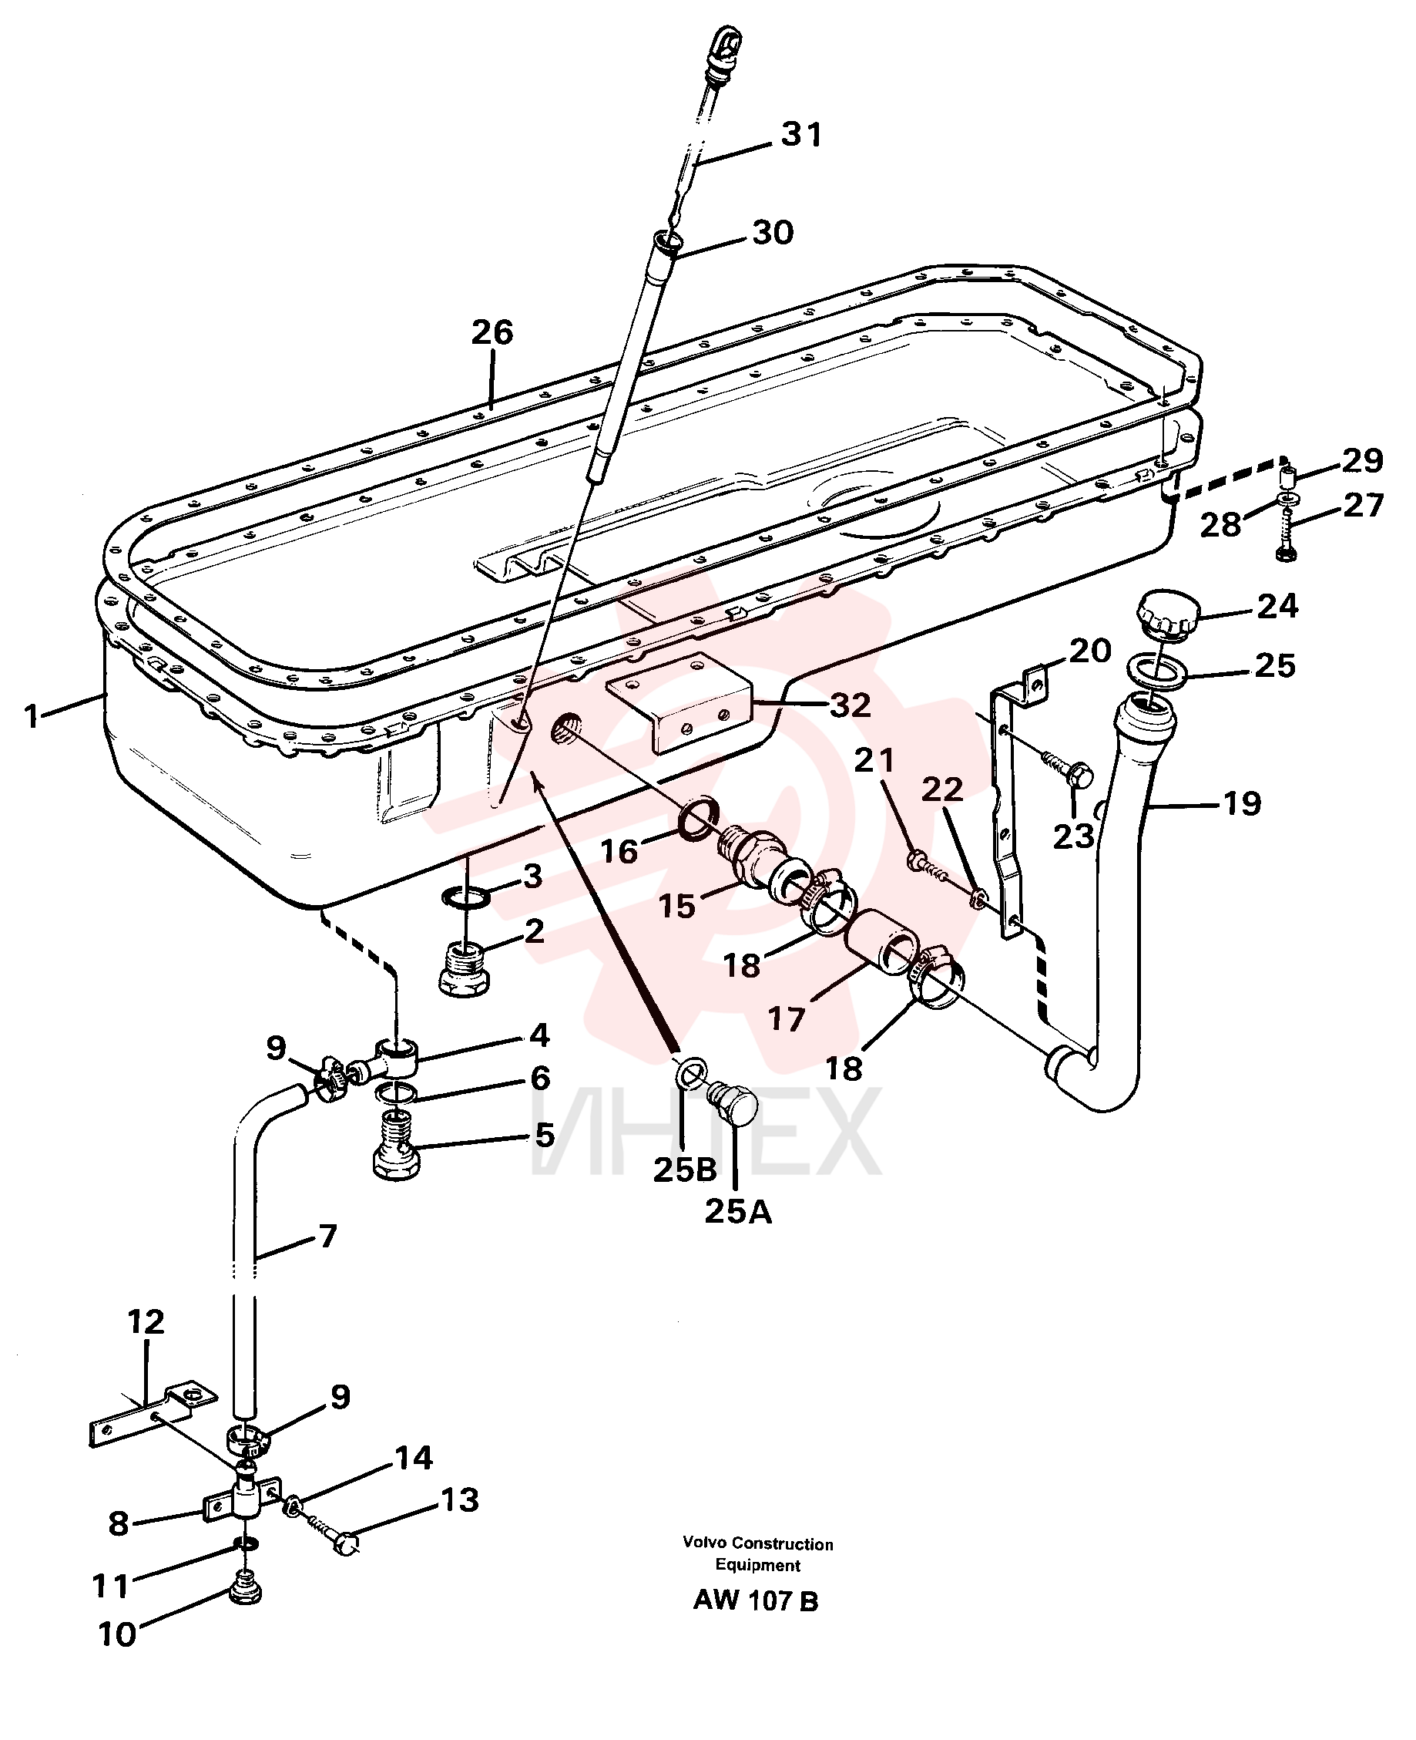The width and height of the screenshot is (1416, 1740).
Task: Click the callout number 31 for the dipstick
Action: [x=801, y=135]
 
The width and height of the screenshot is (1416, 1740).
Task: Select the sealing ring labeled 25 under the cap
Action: [x=1158, y=670]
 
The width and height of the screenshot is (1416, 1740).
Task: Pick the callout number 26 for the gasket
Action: [x=492, y=333]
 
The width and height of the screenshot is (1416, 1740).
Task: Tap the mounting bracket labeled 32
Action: [x=679, y=702]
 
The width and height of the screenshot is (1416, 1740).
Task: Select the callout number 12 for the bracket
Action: [x=146, y=1321]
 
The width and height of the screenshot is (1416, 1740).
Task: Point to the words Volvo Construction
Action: [x=758, y=1544]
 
